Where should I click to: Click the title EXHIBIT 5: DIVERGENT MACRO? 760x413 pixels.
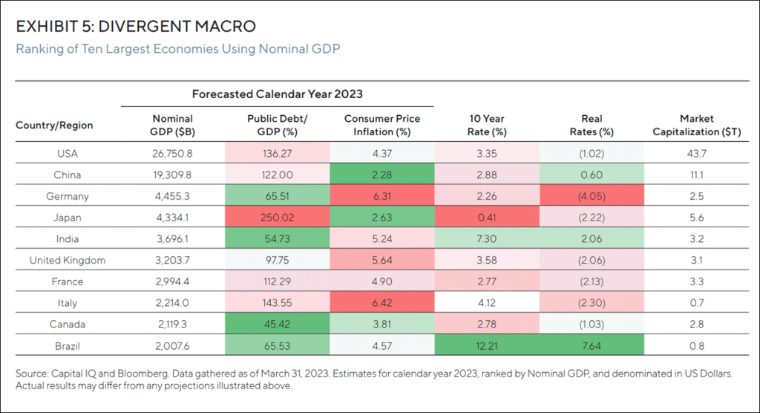pyautogui.click(x=136, y=27)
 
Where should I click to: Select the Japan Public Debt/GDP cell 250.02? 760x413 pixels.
pyautogui.click(x=276, y=218)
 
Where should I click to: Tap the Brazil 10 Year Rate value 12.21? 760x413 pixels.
pyautogui.click(x=488, y=345)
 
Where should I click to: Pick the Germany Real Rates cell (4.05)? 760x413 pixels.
pyautogui.click(x=592, y=196)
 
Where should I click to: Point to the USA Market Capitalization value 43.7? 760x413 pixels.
pyautogui.click(x=697, y=154)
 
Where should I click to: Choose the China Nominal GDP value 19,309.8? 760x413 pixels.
pyautogui.click(x=172, y=175)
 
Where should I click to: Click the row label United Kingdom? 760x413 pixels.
pyautogui.click(x=68, y=260)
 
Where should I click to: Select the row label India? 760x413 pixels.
pyautogui.click(x=68, y=239)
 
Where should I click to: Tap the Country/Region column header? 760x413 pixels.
pyautogui.click(x=54, y=126)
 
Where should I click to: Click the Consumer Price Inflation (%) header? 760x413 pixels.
pyautogui.click(x=382, y=125)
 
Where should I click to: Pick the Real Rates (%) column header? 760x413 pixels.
pyautogui.click(x=592, y=125)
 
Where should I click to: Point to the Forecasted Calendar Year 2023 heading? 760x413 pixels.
pyautogui.click(x=277, y=94)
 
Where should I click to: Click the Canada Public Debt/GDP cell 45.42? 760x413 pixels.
pyautogui.click(x=276, y=324)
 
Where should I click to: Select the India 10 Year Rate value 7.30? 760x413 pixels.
pyautogui.click(x=488, y=239)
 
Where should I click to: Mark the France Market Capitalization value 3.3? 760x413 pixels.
pyautogui.click(x=697, y=282)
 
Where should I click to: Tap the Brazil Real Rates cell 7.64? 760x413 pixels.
pyautogui.click(x=592, y=345)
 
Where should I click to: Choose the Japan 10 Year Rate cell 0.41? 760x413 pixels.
pyautogui.click(x=488, y=218)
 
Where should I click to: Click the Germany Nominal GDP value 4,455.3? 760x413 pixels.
pyautogui.click(x=172, y=196)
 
